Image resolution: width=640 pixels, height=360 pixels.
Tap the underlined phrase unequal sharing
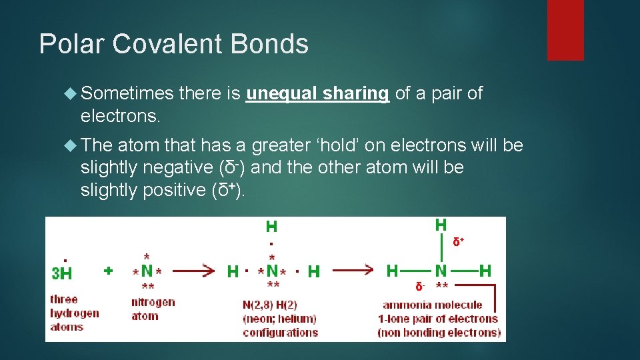pos(317,93)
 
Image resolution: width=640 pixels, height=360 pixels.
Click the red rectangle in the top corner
pos(565,30)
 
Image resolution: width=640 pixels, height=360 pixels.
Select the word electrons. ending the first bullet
pos(120,116)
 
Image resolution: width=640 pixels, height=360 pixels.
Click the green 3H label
pos(62,273)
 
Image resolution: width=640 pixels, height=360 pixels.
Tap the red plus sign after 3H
pos(108,271)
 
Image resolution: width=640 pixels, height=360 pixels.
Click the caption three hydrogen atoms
pos(75,313)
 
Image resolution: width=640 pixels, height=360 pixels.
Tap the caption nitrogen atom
pos(153,309)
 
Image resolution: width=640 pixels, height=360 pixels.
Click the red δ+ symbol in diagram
pos(459,241)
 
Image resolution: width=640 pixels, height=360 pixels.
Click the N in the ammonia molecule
pos(441,271)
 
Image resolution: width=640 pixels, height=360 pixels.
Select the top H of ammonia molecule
pos(441,225)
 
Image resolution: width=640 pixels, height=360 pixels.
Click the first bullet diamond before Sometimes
pos(71,94)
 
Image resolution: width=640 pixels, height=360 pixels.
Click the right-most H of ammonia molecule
pos(485,271)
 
